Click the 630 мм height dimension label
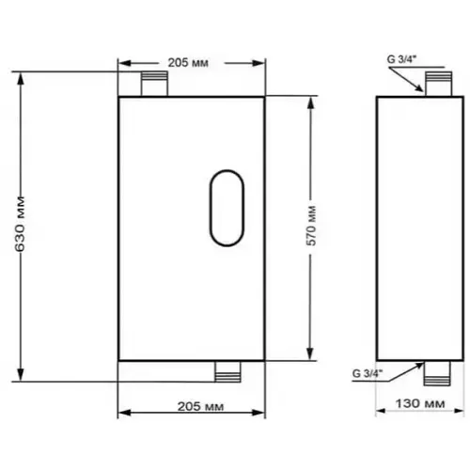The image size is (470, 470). pyautogui.click(x=20, y=224)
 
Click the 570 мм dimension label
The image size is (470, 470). pyautogui.click(x=311, y=226)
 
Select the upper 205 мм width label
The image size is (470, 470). pyautogui.click(x=188, y=63)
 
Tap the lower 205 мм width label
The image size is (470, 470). pyautogui.click(x=200, y=406)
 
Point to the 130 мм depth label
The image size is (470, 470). pyautogui.click(x=420, y=403)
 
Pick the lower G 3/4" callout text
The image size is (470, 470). pyautogui.click(x=368, y=373)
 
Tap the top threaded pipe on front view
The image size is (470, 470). pyautogui.click(x=154, y=84)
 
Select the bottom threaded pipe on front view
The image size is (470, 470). pyautogui.click(x=227, y=371)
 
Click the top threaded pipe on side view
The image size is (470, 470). pyautogui.click(x=438, y=84)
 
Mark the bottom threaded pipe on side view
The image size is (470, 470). pyautogui.click(x=437, y=373)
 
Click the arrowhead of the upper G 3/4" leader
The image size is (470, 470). pyautogui.click(x=422, y=90)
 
